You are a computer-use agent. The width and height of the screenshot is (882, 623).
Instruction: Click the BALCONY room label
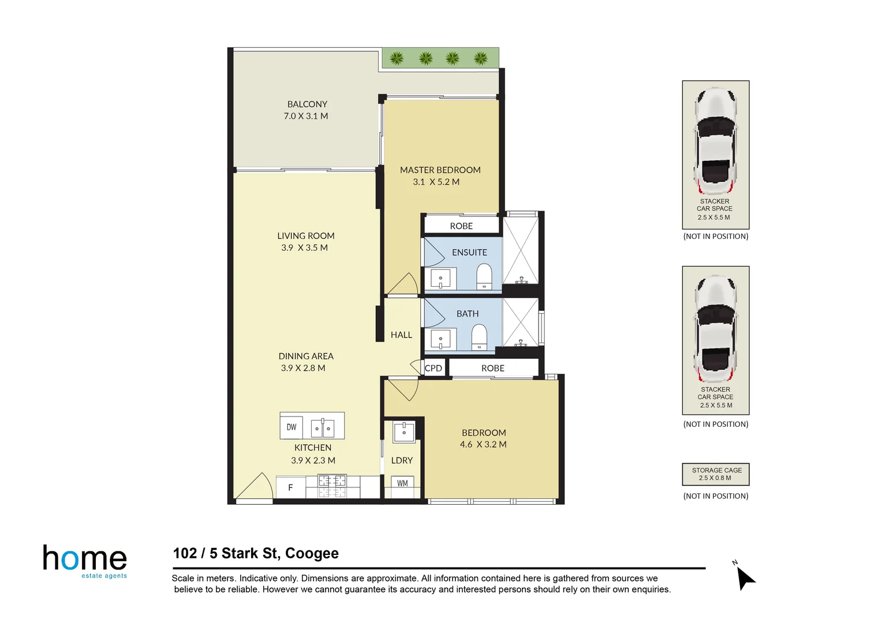[307, 104]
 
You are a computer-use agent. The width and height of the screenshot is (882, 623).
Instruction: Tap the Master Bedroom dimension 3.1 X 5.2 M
[436, 182]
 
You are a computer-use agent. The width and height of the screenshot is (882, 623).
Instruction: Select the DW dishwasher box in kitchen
[291, 427]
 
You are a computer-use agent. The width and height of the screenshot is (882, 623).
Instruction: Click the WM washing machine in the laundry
[402, 483]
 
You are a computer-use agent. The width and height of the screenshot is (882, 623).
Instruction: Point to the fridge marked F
[290, 488]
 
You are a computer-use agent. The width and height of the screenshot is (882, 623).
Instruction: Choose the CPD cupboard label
[433, 368]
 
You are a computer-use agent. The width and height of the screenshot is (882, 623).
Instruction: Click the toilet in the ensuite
[484, 276]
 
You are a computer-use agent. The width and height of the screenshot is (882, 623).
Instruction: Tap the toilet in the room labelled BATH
[479, 337]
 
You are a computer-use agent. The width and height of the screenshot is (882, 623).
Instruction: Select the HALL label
[401, 335]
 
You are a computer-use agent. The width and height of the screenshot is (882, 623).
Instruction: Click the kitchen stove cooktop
[332, 486]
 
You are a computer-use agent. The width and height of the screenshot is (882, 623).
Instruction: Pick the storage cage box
[716, 474]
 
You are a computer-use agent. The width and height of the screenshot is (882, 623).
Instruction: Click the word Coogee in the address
[312, 553]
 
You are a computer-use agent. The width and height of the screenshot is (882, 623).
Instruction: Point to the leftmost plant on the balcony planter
[397, 58]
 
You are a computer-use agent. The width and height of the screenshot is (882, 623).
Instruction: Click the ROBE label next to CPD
[492, 368]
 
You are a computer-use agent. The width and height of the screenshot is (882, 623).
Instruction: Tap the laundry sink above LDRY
[404, 431]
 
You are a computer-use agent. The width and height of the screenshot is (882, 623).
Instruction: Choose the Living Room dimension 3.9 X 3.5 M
[304, 247]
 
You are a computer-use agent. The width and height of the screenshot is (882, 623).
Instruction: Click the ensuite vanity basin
[440, 279]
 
